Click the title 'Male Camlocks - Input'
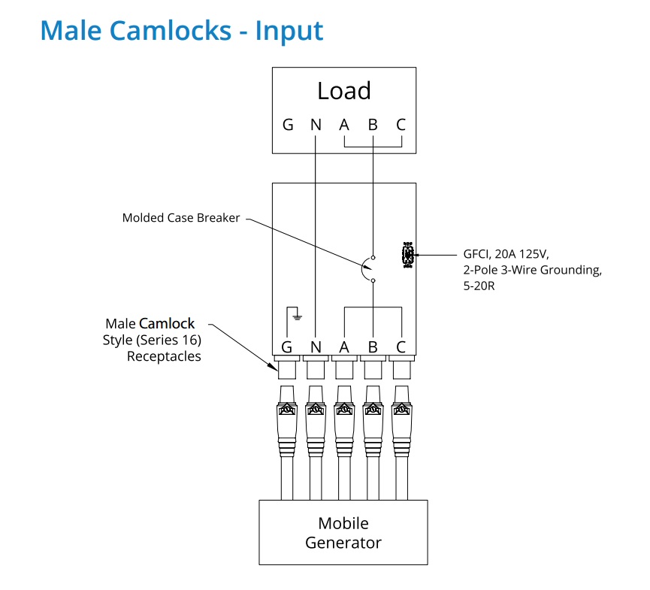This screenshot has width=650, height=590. point(182,31)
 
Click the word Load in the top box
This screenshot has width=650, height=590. point(343,91)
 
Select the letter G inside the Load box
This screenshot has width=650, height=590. point(287,126)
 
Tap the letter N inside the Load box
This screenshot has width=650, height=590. point(316,126)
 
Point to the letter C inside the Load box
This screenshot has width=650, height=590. point(401,126)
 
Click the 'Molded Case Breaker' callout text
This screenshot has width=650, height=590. point(181,218)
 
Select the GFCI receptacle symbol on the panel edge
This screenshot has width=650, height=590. point(408,256)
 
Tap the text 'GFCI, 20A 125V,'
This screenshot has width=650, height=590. point(510,253)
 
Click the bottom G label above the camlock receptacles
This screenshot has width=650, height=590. point(287,346)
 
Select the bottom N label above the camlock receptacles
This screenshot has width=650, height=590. point(316,346)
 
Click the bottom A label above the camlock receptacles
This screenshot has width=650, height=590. point(344,346)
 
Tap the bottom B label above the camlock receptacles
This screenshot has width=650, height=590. point(373,346)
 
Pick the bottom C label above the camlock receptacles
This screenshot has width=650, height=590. point(401,346)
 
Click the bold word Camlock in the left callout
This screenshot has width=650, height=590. point(167,324)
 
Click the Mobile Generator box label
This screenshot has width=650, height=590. point(343,532)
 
